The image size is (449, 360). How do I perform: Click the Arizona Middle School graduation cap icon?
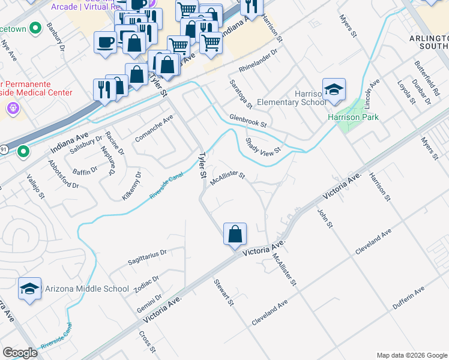click(x=29, y=289)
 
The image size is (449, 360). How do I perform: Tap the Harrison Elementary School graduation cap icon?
click(x=334, y=90)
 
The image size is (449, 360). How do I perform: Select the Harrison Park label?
click(x=353, y=117)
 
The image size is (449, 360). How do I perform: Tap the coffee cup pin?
click(x=106, y=43)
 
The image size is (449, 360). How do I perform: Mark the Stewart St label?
click(x=223, y=292)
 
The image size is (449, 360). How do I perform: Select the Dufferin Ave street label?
click(x=409, y=298)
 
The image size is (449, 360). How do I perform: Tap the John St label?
click(x=324, y=218)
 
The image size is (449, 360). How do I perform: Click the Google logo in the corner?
click(x=20, y=352)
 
